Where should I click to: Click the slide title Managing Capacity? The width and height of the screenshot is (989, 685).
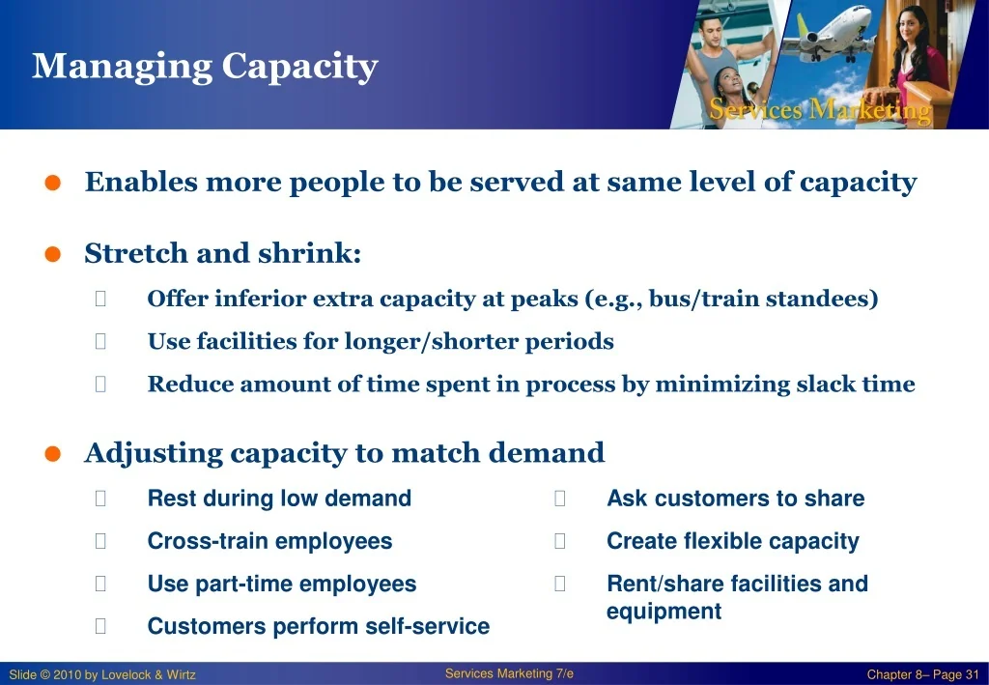pos(205,67)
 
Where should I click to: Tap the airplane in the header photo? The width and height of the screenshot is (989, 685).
pos(834,34)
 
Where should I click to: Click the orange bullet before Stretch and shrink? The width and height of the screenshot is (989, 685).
pos(53,254)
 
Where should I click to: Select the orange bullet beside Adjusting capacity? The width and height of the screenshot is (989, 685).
pos(53,454)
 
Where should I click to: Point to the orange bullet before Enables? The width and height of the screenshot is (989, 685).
pos(53,183)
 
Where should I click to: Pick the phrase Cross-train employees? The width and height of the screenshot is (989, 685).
pos(270,541)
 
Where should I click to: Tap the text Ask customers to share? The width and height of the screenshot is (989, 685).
pos(735,499)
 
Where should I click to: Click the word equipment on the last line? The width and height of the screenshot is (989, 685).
pos(664,612)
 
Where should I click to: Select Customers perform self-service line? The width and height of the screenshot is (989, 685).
pos(319,626)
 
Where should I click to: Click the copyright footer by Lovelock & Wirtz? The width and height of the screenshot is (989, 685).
pos(102,675)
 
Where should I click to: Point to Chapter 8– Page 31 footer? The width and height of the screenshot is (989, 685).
pos(922,675)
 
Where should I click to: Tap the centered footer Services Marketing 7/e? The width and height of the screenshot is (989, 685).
pos(509,673)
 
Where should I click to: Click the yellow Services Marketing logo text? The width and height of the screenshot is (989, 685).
pos(819,110)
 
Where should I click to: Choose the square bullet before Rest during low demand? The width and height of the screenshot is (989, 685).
pos(100,499)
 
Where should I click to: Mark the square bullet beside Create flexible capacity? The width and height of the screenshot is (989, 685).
pos(559,541)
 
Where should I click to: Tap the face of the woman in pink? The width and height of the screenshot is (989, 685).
pos(909,27)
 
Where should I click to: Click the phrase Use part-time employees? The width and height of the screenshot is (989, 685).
pos(282,585)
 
